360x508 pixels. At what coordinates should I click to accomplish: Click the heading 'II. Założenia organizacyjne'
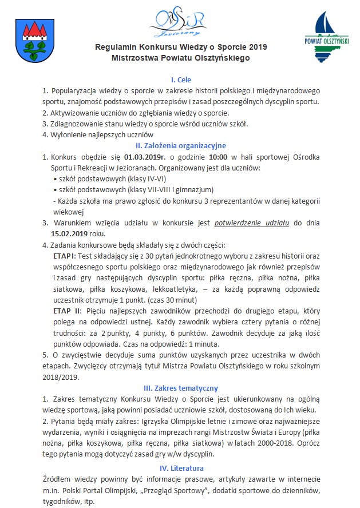pyautogui.click(x=180, y=145)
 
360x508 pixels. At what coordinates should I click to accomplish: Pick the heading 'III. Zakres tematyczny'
pyautogui.click(x=180, y=388)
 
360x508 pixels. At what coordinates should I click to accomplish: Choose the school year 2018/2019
pyautogui.click(x=59, y=377)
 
